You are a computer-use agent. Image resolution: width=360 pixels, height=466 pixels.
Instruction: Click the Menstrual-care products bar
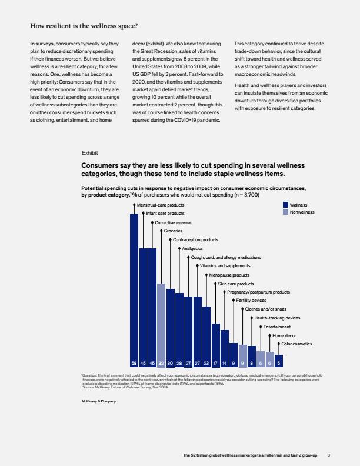134,290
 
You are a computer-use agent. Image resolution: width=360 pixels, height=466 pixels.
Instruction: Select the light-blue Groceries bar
161,325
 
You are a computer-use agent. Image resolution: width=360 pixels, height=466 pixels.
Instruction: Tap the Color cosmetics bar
279,361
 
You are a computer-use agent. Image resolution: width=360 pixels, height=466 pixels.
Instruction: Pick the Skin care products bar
216,345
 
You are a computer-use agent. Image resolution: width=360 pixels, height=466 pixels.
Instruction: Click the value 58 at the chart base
134,363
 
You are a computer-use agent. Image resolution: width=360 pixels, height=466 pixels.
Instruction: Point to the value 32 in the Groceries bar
161,363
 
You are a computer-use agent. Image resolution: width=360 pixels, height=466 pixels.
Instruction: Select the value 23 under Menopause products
206,363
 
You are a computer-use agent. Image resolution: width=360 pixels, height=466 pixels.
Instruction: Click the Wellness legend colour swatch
285,205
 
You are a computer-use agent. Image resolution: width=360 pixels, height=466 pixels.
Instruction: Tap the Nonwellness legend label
302,212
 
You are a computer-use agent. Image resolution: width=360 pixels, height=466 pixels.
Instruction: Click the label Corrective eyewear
173,222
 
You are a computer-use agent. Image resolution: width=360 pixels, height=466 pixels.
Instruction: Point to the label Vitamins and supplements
225,266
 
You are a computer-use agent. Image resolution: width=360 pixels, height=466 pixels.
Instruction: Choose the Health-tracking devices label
277,318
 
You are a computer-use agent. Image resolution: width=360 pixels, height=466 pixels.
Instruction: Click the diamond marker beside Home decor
269,335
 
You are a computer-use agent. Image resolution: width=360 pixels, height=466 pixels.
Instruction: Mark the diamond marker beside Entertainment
261,327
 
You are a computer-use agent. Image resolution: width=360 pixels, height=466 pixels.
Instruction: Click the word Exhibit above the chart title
89,153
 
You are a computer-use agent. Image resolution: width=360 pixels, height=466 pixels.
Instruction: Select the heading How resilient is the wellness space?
84,26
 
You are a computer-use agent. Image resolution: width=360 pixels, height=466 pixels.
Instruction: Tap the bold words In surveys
42,44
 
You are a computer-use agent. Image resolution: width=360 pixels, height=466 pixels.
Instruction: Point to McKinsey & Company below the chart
99,401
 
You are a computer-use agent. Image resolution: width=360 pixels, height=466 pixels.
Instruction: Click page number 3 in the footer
329,455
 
